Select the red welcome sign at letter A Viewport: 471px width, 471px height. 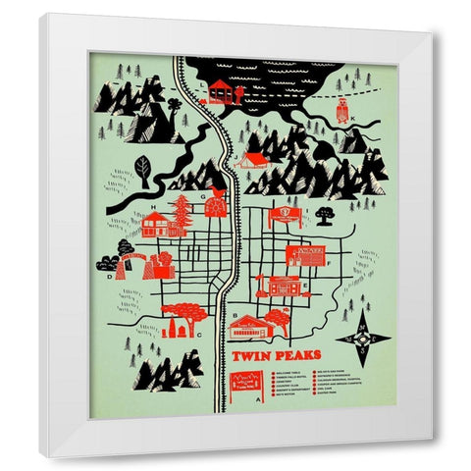pyautogui.click(x=244, y=384)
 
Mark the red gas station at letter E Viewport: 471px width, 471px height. pyautogui.click(x=283, y=287)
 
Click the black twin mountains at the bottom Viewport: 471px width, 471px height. pyautogui.click(x=167, y=370)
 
